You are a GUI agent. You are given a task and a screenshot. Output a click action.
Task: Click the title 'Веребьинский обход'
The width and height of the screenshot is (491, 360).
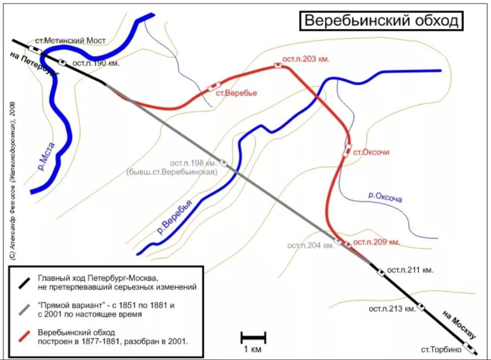tap(381, 21)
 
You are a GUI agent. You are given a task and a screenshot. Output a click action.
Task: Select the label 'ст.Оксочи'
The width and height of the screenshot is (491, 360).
tap(372, 152)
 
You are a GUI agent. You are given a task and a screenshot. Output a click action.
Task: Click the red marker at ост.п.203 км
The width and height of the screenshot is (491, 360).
tap(278, 65)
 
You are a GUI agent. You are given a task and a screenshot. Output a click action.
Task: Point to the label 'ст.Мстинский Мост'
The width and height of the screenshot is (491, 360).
tap(70, 41)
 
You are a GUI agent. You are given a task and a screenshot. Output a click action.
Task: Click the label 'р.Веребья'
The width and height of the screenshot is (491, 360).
tap(175, 217)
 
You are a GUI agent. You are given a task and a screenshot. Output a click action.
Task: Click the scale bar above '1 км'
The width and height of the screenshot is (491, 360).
tap(253, 338)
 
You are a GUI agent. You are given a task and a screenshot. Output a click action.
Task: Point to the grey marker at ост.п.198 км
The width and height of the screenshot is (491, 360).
tap(223, 163)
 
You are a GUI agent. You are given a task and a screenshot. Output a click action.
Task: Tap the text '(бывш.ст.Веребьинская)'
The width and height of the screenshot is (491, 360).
tap(172, 173)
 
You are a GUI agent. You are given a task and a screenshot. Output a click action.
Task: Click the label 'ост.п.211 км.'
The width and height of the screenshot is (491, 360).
tap(410, 270)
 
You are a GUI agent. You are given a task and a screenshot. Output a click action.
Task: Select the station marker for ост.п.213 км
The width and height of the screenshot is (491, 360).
tap(420, 306)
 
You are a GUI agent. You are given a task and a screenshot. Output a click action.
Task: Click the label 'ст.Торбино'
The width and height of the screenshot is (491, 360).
tap(441, 349)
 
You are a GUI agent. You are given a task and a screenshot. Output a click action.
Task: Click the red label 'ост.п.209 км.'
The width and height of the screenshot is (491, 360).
tap(377, 242)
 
